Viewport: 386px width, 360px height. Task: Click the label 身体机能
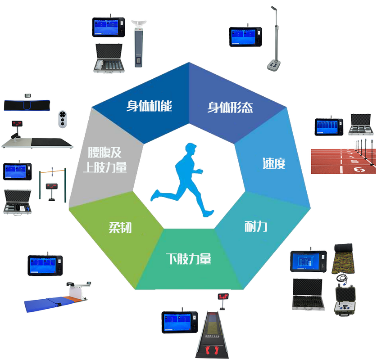[x=149, y=106]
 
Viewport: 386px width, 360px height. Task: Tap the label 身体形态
[x=230, y=108]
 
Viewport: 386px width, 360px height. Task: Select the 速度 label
[x=274, y=163]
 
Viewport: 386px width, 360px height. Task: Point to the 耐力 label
[x=256, y=226]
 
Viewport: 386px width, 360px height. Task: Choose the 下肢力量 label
[x=188, y=259]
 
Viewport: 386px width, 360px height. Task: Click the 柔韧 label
[x=120, y=227]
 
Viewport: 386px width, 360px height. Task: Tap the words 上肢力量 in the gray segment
[x=105, y=167]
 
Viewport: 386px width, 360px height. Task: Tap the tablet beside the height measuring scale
[x=245, y=36]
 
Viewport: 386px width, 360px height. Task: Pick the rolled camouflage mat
[x=343, y=259]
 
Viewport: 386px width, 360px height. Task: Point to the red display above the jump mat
[x=222, y=296]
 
